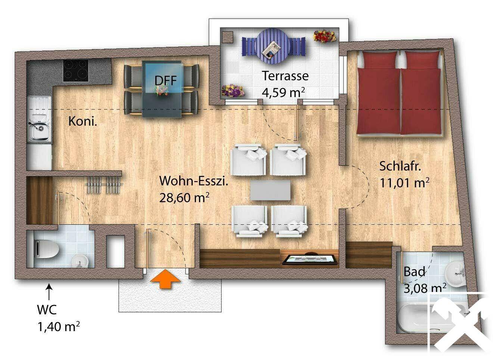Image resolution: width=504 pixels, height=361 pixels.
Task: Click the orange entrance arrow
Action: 165,278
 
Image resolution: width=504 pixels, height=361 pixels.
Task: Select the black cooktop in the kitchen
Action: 75,71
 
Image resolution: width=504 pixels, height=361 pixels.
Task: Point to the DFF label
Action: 166,80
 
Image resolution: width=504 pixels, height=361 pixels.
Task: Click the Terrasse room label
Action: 285,76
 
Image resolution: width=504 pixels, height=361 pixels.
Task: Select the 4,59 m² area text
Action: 283,92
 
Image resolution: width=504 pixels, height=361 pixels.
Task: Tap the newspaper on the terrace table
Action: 272,50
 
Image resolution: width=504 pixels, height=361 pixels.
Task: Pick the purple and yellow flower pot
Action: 233,91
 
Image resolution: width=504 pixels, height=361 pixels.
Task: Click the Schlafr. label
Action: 400,166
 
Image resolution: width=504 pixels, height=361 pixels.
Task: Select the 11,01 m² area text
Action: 404,183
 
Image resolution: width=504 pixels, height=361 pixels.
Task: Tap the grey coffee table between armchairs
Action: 270,190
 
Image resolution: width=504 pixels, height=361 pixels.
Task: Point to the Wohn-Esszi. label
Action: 194,181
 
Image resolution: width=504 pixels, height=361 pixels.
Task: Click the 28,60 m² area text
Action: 184,197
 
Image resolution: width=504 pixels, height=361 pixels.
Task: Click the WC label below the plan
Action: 47,309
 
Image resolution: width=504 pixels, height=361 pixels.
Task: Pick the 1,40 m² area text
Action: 59,326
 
